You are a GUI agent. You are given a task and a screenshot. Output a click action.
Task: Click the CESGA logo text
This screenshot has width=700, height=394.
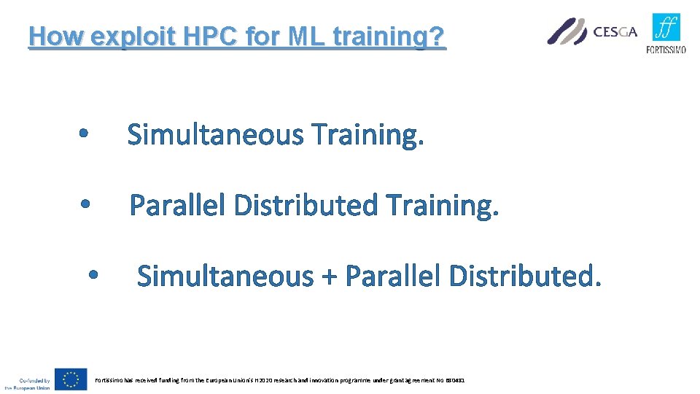[615, 31]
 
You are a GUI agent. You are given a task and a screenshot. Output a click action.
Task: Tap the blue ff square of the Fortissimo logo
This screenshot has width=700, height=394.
[666, 28]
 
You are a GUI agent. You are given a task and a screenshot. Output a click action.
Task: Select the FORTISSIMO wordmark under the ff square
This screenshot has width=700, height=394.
[666, 50]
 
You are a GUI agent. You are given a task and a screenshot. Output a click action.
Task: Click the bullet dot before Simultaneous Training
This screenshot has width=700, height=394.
[84, 134]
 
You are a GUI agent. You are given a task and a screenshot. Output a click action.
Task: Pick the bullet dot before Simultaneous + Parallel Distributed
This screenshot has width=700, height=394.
[93, 276]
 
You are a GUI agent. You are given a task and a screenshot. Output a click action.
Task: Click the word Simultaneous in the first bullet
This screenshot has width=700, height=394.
[215, 134]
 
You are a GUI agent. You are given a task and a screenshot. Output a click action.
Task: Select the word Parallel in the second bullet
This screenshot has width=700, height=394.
[179, 205]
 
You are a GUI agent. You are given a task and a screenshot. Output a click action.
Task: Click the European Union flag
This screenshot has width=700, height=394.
[71, 379]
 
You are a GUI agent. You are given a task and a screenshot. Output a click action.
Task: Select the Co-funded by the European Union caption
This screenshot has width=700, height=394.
[27, 384]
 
